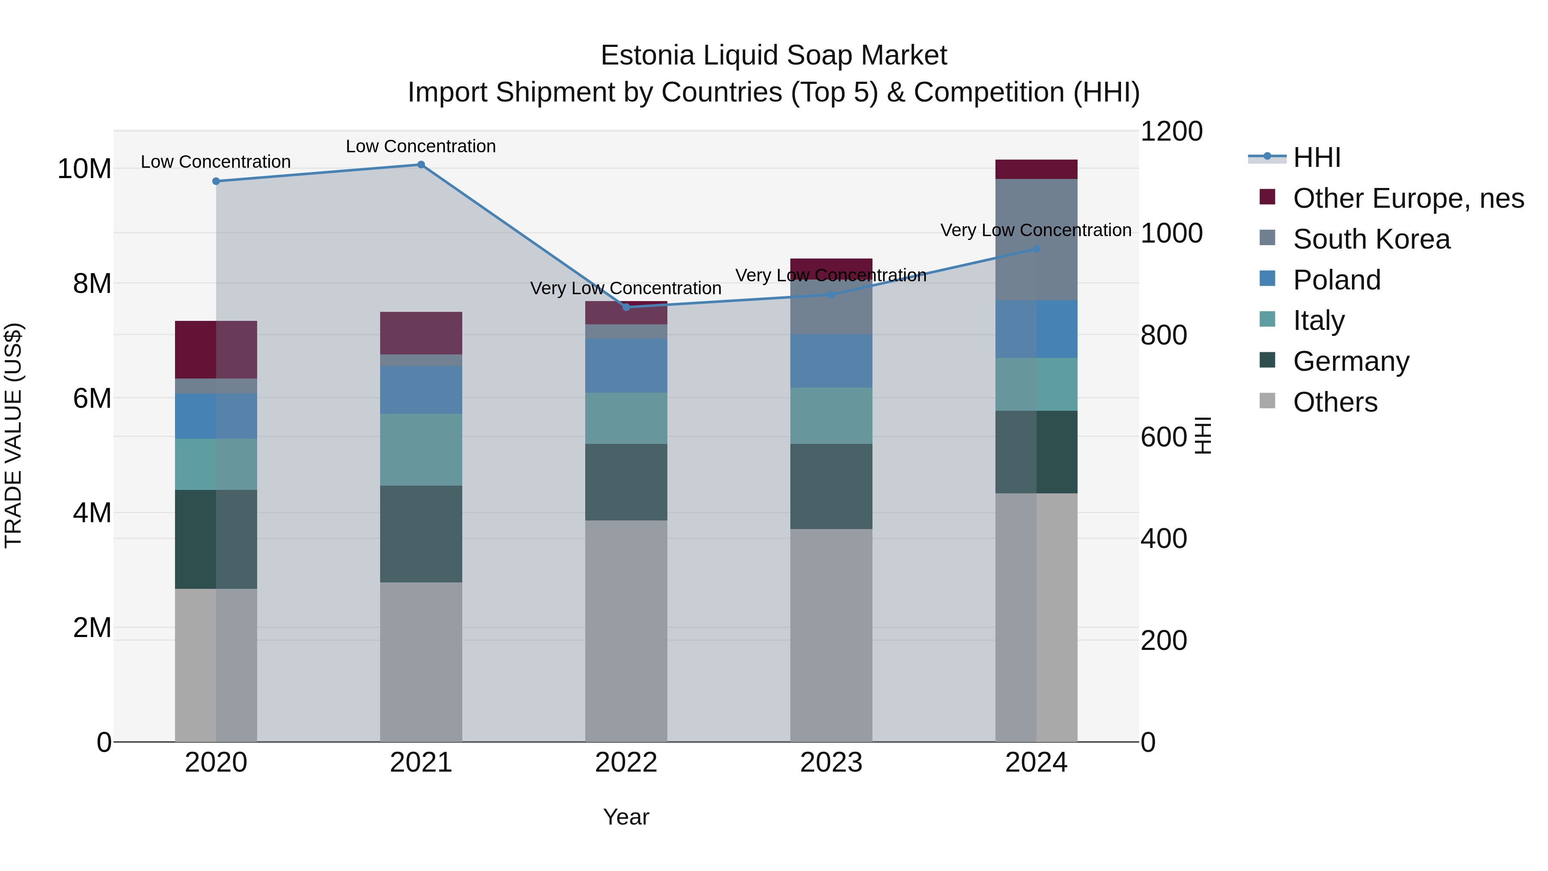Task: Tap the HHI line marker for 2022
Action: [626, 307]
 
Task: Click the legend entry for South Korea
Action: [1371, 239]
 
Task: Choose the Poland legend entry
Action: [1336, 280]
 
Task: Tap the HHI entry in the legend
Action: [1316, 157]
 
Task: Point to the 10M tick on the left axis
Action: [84, 169]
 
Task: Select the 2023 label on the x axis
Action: [831, 763]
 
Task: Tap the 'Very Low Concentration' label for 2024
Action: [1035, 230]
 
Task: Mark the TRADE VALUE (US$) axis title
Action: [13, 435]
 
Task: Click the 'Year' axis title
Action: [626, 817]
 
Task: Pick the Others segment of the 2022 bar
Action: [626, 631]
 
